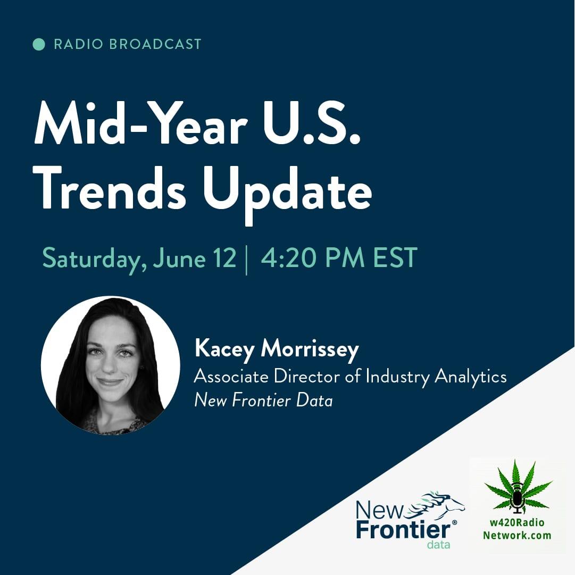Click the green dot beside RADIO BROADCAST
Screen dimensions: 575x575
click(x=39, y=44)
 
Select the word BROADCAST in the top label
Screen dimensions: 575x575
click(x=155, y=44)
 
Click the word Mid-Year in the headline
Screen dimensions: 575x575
click(x=140, y=123)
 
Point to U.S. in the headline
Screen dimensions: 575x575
click(x=312, y=123)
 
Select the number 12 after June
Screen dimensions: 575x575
click(x=224, y=258)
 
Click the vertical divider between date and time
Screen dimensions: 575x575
click(x=246, y=260)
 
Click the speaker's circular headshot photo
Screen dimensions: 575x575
click(x=111, y=365)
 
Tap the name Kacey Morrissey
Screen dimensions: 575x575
click(x=277, y=348)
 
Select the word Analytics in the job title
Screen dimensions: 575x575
click(x=471, y=377)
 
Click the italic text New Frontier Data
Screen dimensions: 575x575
click(x=263, y=400)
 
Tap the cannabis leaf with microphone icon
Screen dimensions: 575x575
click(x=518, y=487)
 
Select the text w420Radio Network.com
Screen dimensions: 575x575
click(x=517, y=529)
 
